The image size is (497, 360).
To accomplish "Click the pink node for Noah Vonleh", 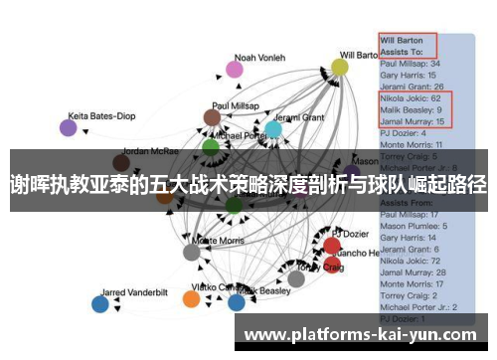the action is coord(234,69).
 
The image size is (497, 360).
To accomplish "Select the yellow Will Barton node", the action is coord(340,67).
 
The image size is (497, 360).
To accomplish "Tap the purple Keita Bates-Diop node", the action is coord(68,127).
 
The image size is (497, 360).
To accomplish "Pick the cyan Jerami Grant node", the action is coord(273,129).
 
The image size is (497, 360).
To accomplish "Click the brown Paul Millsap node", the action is coord(212,117).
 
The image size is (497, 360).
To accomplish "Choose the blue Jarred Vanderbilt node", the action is coord(99,304).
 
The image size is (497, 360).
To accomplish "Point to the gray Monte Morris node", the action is coord(192,252).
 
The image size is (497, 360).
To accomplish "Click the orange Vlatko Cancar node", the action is coord(193,298).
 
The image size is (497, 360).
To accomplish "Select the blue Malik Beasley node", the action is coord(236,302).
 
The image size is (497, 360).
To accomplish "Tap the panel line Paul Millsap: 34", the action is coord(410,64).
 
